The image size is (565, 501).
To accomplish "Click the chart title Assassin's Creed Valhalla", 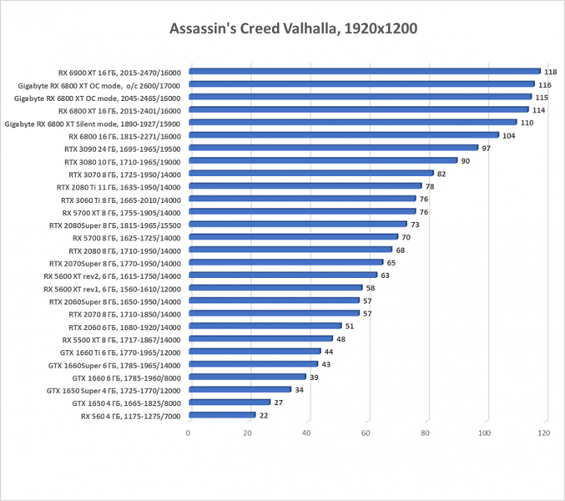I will point(282,28).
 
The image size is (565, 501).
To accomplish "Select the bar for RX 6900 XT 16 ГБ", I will point(365,72).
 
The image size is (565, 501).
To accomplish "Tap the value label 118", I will point(551,72).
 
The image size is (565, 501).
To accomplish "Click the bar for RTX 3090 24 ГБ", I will point(334,148).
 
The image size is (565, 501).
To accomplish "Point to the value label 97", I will point(487,148).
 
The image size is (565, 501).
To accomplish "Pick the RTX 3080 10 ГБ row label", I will point(122,160).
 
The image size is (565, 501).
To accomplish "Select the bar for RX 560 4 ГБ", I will point(222,415).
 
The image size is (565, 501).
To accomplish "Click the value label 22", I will point(265,415).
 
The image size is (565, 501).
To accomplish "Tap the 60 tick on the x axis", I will point(366,433).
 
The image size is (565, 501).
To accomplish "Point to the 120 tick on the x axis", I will point(544,433).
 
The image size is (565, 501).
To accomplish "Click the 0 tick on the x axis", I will point(189,433).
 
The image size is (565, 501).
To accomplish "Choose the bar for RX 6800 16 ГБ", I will point(344,135).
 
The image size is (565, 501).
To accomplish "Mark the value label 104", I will point(508,135).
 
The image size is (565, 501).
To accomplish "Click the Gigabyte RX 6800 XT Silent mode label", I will point(93,123).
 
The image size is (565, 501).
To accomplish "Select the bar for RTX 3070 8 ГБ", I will point(311,174).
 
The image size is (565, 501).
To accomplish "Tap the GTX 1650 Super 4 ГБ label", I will point(113,390).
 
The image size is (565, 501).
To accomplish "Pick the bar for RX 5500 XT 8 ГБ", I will point(260,339).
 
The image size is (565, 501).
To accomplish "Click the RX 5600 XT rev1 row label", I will point(112,288).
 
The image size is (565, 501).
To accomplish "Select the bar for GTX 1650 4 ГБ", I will point(230,402).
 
